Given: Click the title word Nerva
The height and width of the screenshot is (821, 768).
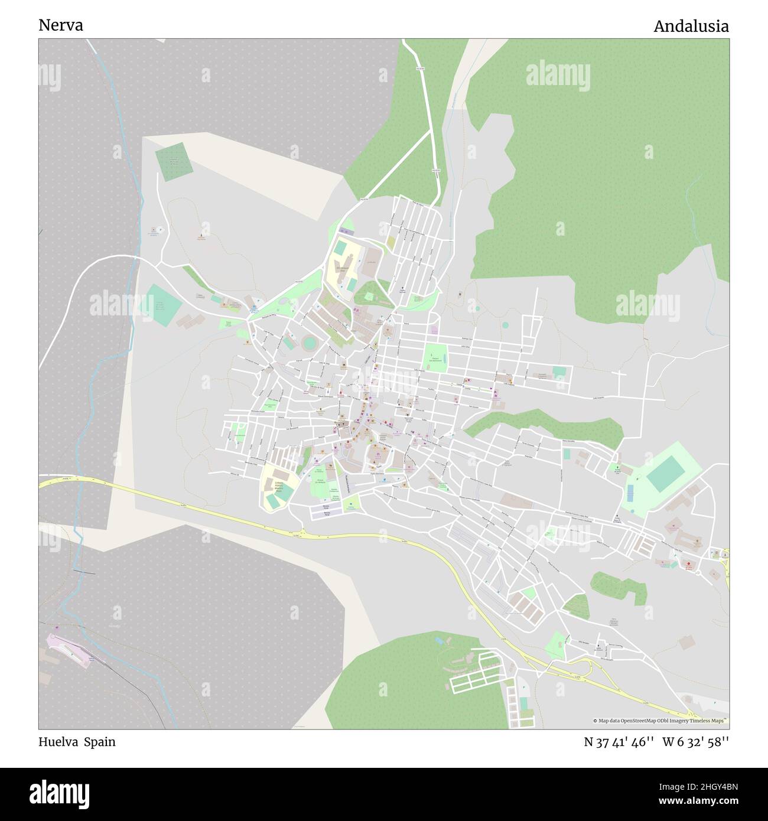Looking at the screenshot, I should point(61,25).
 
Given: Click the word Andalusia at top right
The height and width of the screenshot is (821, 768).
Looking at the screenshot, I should point(691,26).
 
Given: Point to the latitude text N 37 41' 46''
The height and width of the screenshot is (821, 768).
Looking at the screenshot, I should point(619,742).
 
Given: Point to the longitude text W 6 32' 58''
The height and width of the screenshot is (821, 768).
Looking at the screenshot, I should point(695,742).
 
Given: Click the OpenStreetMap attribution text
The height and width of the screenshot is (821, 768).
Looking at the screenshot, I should point(661,721).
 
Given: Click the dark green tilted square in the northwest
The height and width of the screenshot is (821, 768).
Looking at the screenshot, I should point(174,161).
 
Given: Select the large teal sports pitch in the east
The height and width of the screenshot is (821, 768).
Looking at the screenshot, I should point(665,471).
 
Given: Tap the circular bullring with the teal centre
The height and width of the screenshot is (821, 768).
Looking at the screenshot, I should point(310,343).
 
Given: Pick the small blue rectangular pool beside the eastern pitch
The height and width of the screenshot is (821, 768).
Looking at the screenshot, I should point(630,491).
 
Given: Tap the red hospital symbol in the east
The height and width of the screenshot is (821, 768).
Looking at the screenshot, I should point(689,565).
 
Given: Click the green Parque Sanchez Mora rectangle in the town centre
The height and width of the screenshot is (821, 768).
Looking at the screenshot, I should point(436,357).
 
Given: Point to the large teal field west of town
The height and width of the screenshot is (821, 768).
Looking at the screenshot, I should point(163,305).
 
